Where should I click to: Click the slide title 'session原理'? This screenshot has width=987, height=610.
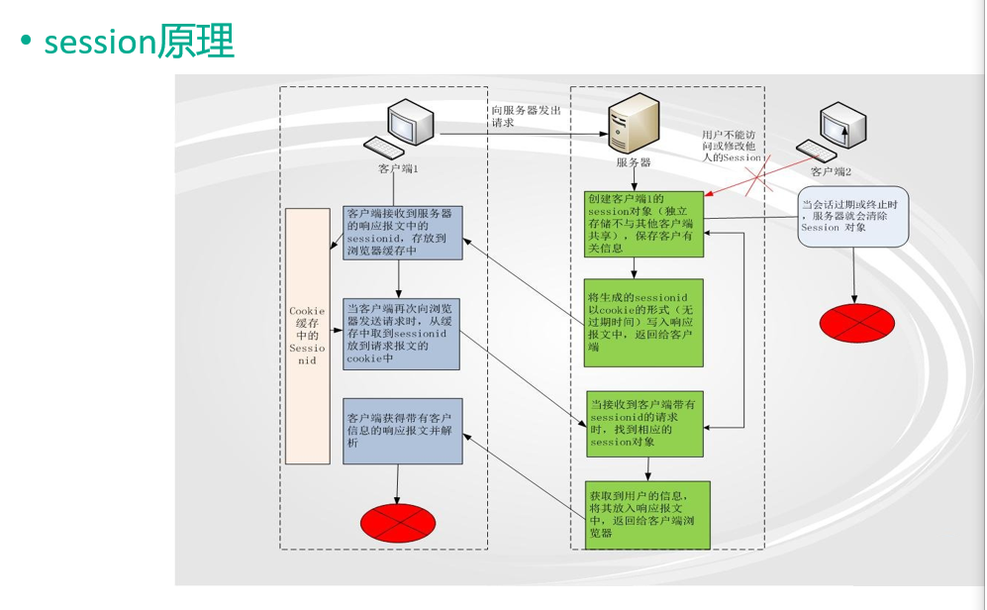point(139,42)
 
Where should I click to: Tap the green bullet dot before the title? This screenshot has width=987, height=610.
point(25,43)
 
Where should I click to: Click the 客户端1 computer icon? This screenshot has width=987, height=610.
point(409,129)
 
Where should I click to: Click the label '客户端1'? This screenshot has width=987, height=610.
point(398,169)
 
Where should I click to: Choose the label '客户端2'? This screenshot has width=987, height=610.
point(831,171)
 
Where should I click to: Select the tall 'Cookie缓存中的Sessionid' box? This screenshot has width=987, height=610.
point(307,337)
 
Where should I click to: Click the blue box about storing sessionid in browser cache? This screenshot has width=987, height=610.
point(402,233)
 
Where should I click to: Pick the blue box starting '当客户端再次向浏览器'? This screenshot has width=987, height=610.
point(402,334)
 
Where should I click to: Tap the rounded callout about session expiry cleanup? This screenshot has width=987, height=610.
point(853,215)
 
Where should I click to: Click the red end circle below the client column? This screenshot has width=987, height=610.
point(398,521)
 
